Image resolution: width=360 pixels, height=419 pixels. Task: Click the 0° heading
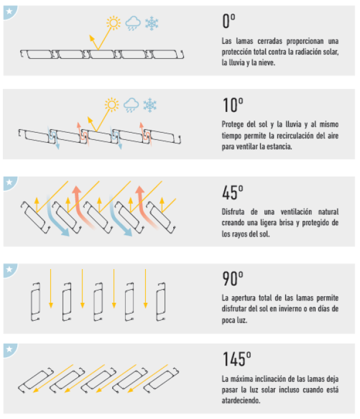229,21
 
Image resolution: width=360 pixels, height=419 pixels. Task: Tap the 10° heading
232,105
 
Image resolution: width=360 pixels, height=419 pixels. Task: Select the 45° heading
232,193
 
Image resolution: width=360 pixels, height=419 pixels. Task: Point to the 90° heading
232,279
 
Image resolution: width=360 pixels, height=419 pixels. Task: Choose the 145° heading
237,359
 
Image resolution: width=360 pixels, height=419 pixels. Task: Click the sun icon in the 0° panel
113,23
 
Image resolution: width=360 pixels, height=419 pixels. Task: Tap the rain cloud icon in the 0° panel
133,23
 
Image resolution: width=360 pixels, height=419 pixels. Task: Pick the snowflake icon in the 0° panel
152,23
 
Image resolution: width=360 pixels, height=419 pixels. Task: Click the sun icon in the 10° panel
111,104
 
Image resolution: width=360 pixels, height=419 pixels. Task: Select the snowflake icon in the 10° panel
150,105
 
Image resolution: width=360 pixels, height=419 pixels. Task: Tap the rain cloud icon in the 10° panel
131,105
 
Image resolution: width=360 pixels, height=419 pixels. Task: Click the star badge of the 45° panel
10,183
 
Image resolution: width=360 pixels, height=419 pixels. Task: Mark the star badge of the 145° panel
10,350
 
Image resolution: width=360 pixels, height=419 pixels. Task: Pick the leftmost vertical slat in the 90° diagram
36,302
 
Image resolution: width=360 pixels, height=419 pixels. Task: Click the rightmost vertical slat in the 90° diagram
161,302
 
